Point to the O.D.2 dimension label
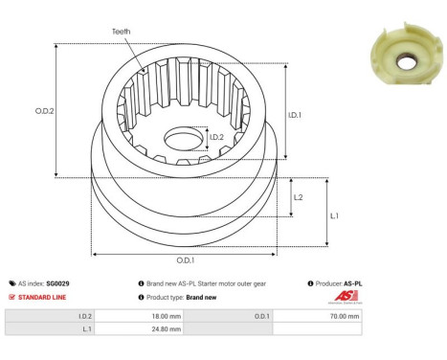(43, 109)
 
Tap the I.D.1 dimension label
(297, 117)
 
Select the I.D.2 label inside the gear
(217, 137)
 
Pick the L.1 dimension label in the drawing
(333, 215)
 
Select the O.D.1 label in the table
(261, 315)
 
